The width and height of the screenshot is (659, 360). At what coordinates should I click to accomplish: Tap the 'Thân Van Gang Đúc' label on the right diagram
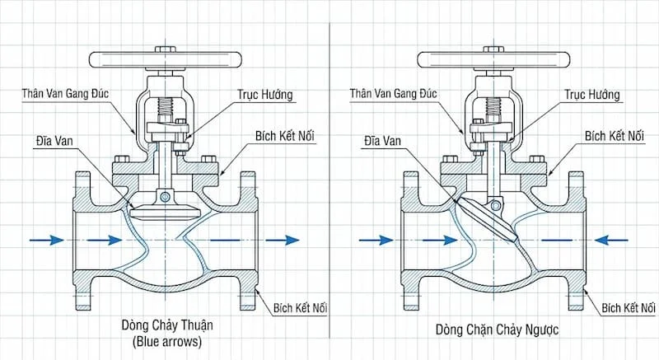(396, 97)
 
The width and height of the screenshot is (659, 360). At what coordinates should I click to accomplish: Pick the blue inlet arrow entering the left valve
(47, 240)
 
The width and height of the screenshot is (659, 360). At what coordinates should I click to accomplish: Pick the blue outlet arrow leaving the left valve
(282, 240)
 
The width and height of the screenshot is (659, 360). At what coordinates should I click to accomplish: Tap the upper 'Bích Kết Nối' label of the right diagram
(613, 134)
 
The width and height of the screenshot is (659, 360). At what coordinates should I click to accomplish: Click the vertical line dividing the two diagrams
(329, 181)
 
